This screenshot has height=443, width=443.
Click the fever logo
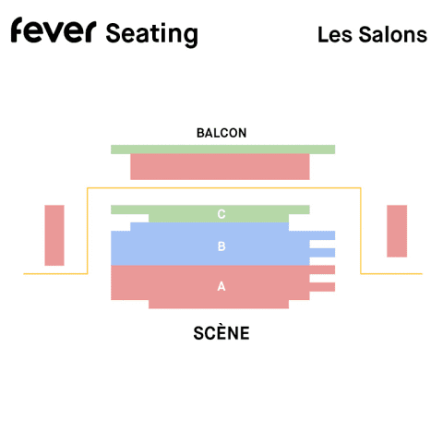click(x=54, y=30)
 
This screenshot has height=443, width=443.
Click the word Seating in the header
click(x=151, y=35)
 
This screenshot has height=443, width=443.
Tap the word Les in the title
click(x=335, y=34)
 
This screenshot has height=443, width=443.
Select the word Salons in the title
click(x=393, y=34)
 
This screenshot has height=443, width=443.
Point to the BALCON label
click(x=221, y=133)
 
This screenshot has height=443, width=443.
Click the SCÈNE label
click(x=221, y=332)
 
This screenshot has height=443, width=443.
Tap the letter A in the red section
click(x=221, y=286)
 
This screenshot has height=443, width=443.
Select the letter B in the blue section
click(x=221, y=246)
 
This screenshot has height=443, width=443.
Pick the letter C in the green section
click(x=221, y=214)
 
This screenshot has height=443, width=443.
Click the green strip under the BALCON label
click(x=223, y=150)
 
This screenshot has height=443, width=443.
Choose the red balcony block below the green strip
click(x=220, y=167)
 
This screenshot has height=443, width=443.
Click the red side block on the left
click(x=54, y=235)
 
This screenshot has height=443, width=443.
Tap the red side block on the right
click(x=397, y=231)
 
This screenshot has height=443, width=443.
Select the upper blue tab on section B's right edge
click(x=322, y=235)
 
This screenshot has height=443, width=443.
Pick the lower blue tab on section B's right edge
click(x=322, y=253)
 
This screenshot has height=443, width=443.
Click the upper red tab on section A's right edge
click(x=322, y=269)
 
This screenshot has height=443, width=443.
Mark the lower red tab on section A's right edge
click(x=322, y=287)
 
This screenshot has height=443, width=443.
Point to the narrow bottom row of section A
click(x=219, y=305)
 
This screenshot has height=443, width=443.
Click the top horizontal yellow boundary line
click(x=224, y=188)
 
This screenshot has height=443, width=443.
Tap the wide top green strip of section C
click(x=210, y=210)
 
